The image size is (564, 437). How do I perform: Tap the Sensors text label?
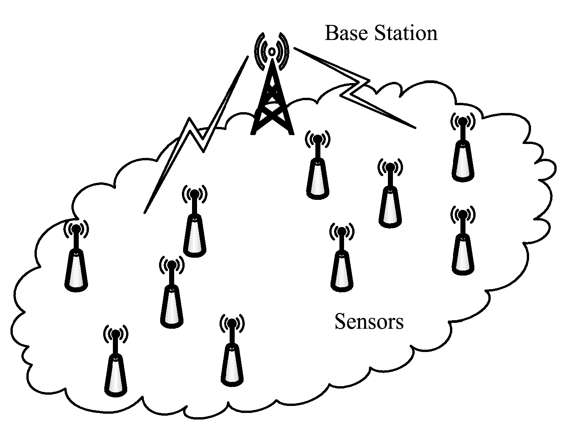point(369,322)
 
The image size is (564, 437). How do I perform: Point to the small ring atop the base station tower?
point(272,51)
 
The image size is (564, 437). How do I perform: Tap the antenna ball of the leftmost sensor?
point(76,229)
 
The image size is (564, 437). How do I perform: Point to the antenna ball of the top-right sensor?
point(462,121)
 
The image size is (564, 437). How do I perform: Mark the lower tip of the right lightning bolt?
point(414,127)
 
